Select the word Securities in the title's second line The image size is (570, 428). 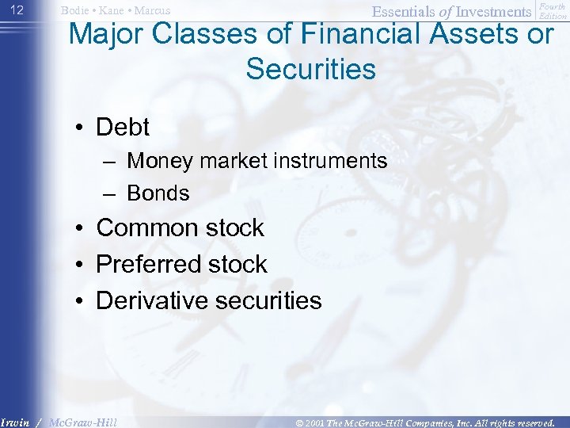[x=310, y=69]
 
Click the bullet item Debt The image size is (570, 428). [x=123, y=127]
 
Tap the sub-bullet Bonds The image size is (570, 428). [x=158, y=193]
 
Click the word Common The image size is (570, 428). [x=146, y=228]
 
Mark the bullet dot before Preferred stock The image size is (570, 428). [x=82, y=265]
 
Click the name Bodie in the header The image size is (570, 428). [x=76, y=10]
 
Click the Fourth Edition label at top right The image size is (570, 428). [x=553, y=11]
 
